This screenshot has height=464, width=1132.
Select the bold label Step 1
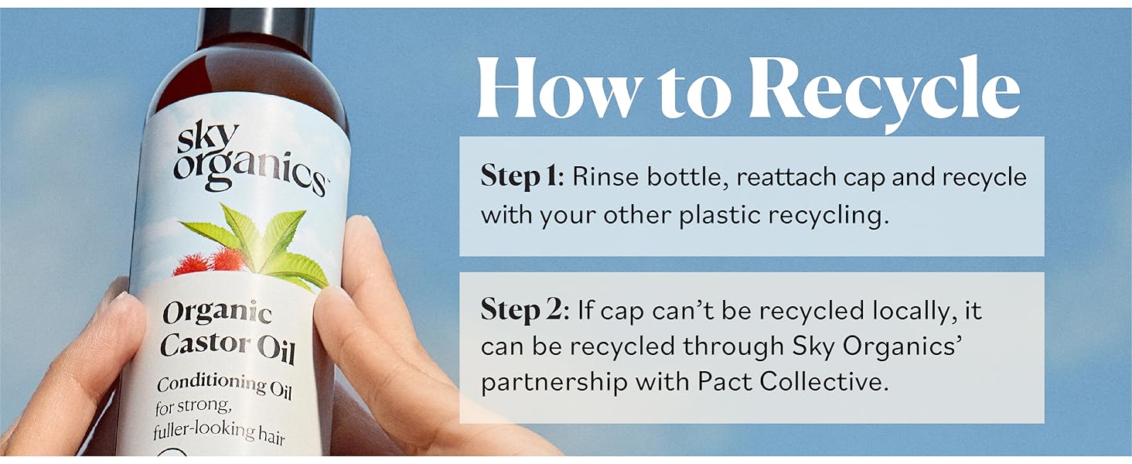(x=520, y=177)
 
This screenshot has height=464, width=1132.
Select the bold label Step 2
(x=522, y=310)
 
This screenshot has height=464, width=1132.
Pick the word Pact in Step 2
(x=724, y=381)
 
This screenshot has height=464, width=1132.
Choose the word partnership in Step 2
(x=554, y=383)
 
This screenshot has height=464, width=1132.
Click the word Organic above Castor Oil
(x=217, y=312)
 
